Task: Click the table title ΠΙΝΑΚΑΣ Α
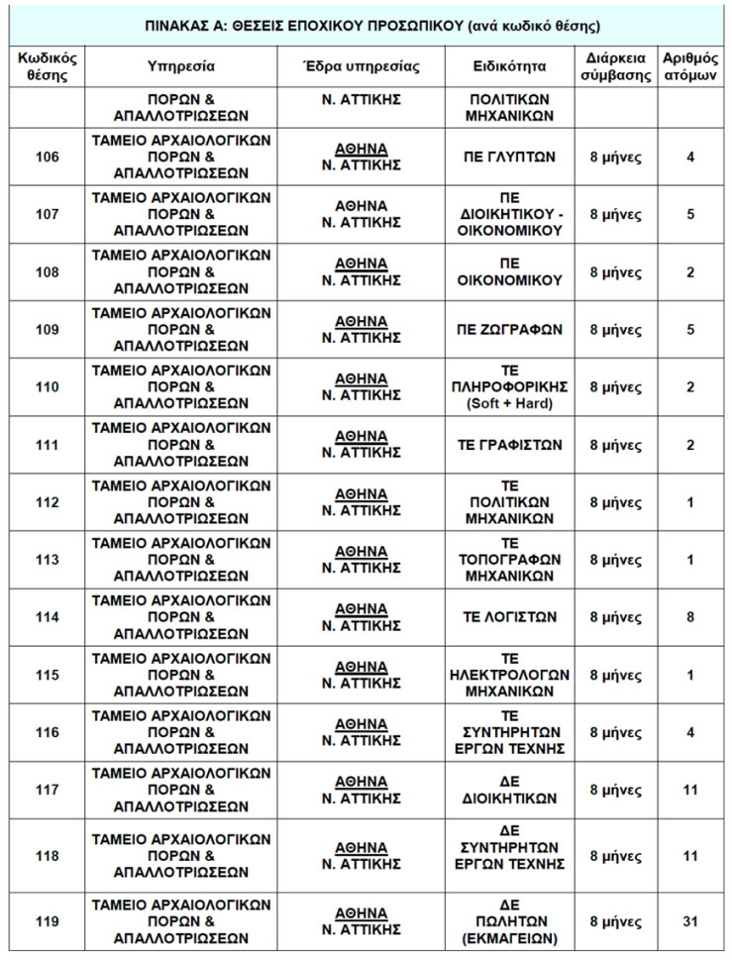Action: point(366,25)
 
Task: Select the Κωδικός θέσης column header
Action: point(46,67)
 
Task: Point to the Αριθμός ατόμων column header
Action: point(689,67)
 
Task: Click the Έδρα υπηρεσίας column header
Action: point(361,67)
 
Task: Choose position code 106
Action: point(46,157)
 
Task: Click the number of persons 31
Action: point(689,921)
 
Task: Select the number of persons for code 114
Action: point(689,617)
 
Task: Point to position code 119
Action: point(46,921)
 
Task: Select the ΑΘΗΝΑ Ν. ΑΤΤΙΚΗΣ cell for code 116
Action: point(361,732)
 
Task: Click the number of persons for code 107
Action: point(689,214)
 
